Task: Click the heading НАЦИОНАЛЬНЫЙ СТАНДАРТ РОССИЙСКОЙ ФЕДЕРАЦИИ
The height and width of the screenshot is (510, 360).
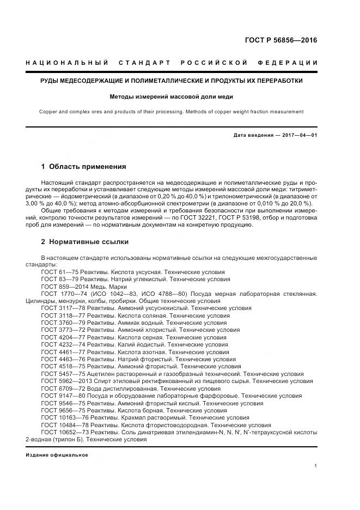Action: (172, 64)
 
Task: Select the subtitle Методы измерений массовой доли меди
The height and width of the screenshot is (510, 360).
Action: (171, 96)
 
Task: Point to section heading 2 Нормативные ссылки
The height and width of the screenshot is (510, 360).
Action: (85, 241)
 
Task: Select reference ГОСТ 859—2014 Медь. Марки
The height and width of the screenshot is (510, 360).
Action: (83, 286)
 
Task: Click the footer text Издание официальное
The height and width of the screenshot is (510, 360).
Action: (57, 455)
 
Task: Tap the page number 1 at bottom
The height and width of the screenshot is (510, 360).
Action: (316, 466)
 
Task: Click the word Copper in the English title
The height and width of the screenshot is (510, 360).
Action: (48, 112)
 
